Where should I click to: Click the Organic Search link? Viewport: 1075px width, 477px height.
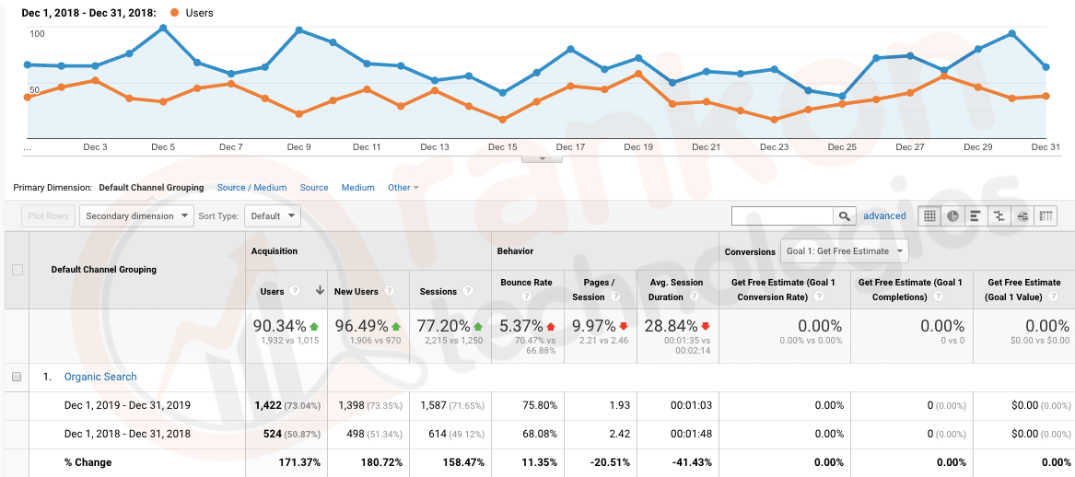(x=99, y=377)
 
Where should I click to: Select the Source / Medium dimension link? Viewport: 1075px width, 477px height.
(x=251, y=188)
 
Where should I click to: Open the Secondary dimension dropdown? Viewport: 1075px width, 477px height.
(x=136, y=216)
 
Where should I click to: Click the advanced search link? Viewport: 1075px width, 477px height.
(x=884, y=216)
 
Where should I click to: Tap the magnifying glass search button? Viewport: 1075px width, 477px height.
(x=844, y=216)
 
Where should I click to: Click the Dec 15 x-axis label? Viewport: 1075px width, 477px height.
(x=502, y=147)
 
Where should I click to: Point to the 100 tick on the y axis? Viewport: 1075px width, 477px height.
(x=37, y=34)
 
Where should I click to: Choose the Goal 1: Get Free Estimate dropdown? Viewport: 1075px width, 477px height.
(x=844, y=250)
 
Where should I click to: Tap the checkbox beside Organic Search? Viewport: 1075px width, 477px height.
(x=17, y=377)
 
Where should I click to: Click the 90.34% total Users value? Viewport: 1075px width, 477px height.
(x=281, y=326)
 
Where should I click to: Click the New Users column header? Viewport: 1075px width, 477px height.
(x=356, y=292)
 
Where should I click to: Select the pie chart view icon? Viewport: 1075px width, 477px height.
(x=952, y=216)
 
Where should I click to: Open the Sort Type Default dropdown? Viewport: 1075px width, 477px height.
(x=275, y=216)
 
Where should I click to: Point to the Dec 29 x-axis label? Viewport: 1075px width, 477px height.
(x=977, y=147)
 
